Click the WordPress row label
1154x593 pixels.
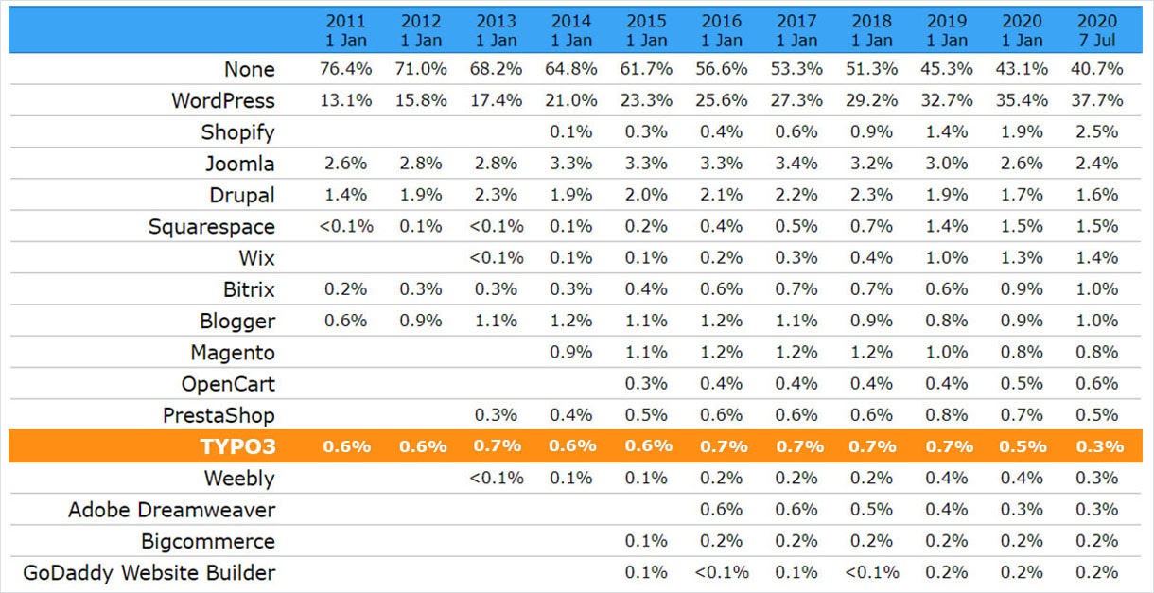click(222, 100)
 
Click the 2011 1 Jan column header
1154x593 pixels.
click(346, 30)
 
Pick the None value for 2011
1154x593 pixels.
click(346, 69)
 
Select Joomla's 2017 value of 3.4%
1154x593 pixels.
click(796, 164)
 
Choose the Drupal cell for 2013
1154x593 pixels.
click(497, 195)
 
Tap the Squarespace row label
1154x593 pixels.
click(211, 227)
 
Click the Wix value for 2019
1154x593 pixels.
click(947, 258)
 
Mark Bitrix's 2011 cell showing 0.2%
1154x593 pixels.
click(346, 289)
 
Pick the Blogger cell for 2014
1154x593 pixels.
click(571, 321)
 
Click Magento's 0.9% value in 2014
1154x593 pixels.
click(571, 353)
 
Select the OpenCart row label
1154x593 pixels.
click(228, 384)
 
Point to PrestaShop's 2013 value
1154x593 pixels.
click(497, 415)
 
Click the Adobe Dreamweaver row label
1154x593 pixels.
click(171, 510)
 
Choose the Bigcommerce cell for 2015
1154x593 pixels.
click(646, 541)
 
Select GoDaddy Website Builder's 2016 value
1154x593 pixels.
click(722, 572)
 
